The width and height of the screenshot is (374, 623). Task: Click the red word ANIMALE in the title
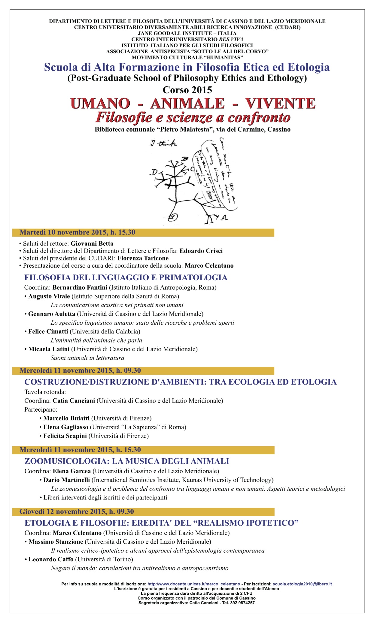[187, 103]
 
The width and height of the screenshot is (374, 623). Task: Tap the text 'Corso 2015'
[187, 90]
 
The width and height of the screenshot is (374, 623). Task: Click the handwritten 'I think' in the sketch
[164, 143]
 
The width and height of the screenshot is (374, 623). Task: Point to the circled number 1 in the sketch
[173, 217]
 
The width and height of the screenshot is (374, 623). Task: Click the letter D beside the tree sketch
[154, 173]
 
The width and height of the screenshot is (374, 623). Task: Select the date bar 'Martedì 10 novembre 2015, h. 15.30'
[143, 232]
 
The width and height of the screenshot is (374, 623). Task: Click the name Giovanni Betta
[92, 244]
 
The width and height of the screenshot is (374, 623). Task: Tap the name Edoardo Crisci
[201, 251]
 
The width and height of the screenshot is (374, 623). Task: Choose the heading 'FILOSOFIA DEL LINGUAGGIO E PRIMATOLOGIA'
[126, 277]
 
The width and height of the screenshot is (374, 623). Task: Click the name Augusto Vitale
[49, 296]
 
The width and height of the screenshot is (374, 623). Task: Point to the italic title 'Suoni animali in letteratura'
[87, 358]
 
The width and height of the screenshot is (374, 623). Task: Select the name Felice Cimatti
[48, 331]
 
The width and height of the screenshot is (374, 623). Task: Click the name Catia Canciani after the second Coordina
[74, 400]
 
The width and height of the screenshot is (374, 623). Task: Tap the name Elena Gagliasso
[66, 427]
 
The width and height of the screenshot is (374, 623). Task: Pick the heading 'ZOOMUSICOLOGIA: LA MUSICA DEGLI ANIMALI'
[127, 461]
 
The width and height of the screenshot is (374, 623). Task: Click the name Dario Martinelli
[66, 480]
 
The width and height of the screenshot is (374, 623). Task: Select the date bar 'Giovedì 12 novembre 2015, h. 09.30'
[143, 512]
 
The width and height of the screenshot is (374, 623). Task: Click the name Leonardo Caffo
[51, 559]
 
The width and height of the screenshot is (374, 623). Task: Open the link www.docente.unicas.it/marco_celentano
[194, 584]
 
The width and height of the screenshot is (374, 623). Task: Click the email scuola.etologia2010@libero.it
[302, 584]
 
